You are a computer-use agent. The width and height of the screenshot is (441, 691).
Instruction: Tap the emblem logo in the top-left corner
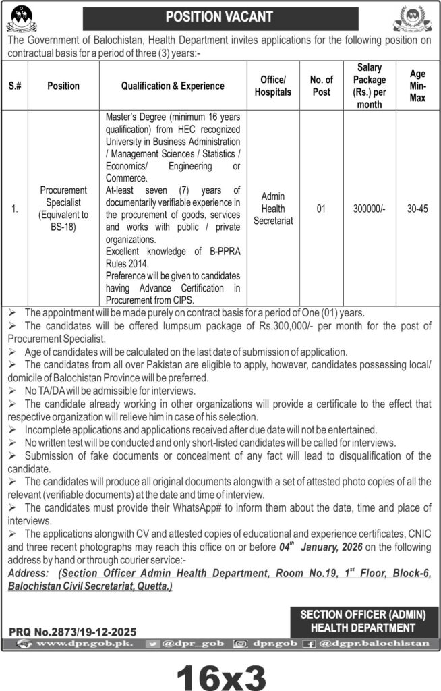24,17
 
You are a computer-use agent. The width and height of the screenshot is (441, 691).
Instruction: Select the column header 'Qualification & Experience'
173,86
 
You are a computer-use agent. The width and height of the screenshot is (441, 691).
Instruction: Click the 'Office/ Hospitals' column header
272,86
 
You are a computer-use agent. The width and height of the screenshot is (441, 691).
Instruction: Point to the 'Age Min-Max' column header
416,86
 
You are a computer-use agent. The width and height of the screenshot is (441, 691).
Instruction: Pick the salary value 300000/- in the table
369,209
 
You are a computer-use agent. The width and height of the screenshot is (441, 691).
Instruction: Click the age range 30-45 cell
416,209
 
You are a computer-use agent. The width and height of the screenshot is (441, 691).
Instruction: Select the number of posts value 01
321,209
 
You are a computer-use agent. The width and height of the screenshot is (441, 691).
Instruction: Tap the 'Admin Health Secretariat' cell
272,209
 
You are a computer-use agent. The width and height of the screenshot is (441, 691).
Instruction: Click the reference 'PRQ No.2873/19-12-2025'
73,632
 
